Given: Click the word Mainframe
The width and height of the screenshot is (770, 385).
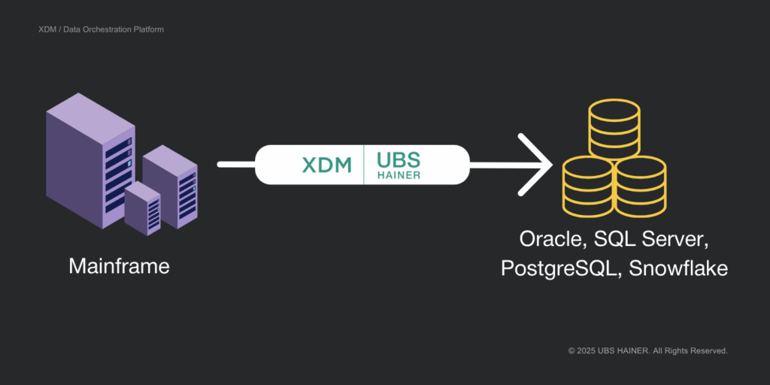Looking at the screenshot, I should pos(119,267).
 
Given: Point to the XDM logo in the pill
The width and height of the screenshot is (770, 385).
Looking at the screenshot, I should pos(326,164).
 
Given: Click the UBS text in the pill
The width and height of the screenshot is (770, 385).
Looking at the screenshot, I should pos(399,159).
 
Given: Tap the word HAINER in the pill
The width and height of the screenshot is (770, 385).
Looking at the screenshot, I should pos(399,175).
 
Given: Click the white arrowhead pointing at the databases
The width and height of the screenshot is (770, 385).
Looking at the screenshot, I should pos(540,164).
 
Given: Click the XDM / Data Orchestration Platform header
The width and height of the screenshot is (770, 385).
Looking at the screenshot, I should pos(101,29).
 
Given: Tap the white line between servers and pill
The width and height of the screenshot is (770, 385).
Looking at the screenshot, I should pos(236,164).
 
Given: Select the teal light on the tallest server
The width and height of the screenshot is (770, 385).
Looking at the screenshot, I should pos(129,163).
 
